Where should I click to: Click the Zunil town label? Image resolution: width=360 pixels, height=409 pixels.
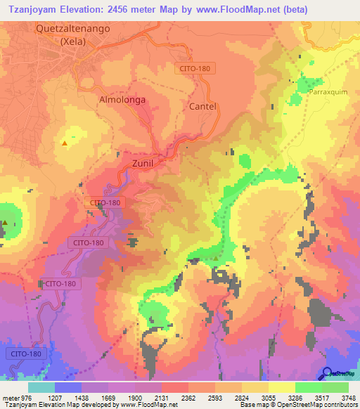click(x=143, y=163)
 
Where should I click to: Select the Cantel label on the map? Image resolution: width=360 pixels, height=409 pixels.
click(x=202, y=106)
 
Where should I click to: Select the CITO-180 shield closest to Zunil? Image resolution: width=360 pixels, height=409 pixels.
click(x=105, y=202)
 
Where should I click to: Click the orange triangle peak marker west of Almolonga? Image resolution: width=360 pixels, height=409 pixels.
click(x=65, y=143)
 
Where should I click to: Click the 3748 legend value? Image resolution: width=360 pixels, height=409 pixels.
click(x=348, y=398)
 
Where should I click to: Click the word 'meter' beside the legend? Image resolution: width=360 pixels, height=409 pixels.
click(x=11, y=398)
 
